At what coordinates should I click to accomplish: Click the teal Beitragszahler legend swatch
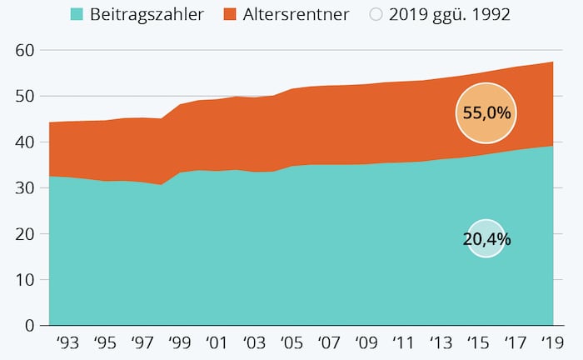(x=77, y=14)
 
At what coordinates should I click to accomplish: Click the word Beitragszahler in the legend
(x=147, y=14)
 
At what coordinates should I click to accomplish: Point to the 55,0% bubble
(x=486, y=112)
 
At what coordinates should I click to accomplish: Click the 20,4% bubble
(x=486, y=239)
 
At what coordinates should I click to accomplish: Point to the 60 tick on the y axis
(x=24, y=51)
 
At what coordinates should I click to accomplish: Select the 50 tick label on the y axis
(x=24, y=97)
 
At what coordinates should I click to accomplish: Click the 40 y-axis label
(x=24, y=142)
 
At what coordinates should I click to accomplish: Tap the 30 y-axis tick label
(x=24, y=188)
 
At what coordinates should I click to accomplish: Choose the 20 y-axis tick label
(x=24, y=234)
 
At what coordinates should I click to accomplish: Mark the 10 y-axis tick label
(x=24, y=280)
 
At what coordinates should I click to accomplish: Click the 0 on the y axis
(x=29, y=326)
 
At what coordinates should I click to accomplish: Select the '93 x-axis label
(x=67, y=342)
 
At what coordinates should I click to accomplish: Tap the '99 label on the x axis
(x=178, y=342)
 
